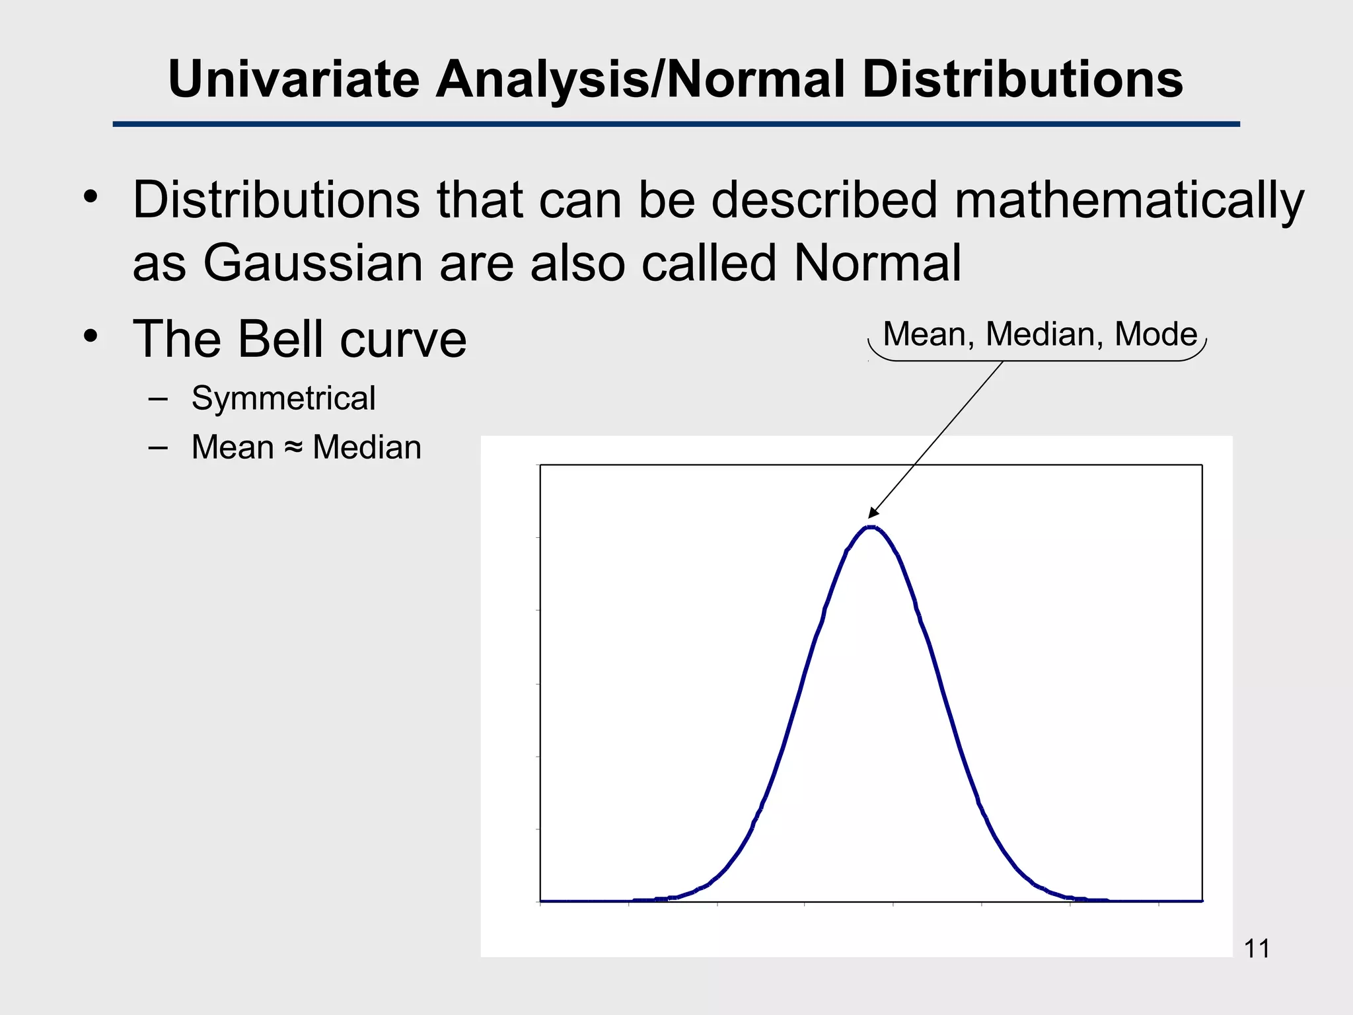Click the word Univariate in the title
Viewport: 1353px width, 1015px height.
[294, 79]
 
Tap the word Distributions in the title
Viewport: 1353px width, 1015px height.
[1022, 79]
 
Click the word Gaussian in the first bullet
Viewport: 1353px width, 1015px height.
[312, 263]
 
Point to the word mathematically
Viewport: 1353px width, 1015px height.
[1129, 200]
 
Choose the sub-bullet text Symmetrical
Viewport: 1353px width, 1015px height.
[283, 398]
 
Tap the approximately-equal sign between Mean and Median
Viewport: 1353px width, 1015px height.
[293, 447]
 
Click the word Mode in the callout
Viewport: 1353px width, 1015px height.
[1155, 334]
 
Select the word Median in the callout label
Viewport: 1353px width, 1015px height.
[1044, 334]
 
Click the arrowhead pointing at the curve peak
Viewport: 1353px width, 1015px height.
[873, 513]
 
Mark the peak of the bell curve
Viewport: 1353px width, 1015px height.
[871, 527]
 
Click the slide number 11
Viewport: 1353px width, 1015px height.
[1256, 949]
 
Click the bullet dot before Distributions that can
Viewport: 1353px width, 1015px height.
[91, 197]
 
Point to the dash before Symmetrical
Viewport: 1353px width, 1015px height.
[158, 399]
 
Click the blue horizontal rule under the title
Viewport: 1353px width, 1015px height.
[676, 124]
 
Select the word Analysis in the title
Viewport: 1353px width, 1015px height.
[542, 79]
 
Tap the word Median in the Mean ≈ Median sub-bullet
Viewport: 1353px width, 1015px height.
[367, 447]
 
